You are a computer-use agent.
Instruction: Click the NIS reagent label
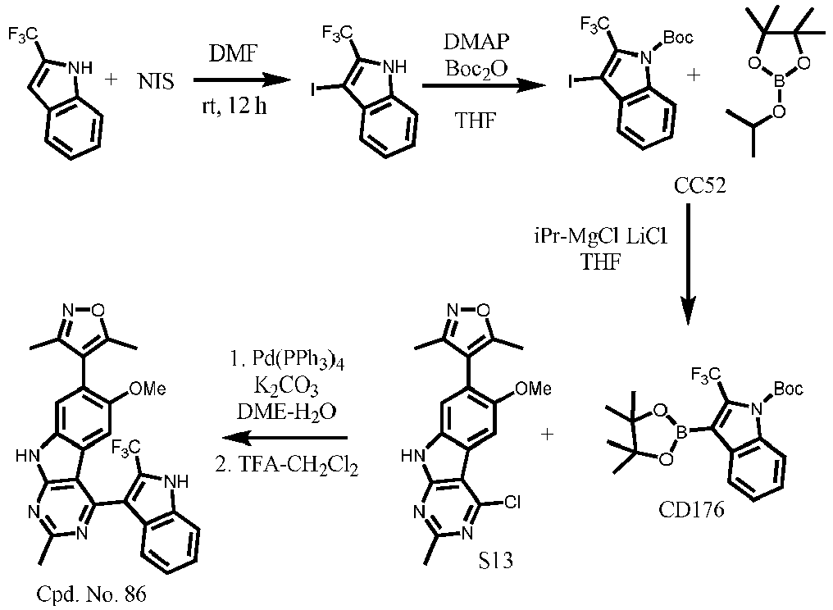tap(156, 81)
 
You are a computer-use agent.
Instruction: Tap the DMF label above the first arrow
tap(233, 53)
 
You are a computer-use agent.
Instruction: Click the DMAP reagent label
tap(476, 40)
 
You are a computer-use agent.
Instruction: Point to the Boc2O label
tap(476, 69)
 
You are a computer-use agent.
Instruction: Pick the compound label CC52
tap(699, 185)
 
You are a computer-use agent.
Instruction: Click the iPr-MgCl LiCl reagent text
tap(600, 237)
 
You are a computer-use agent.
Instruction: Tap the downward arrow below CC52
tap(687, 263)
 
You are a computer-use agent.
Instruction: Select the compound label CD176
tap(691, 510)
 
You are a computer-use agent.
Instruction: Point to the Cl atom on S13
tap(511, 502)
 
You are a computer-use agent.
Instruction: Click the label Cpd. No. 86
tap(91, 594)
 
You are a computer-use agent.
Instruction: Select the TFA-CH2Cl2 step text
tap(287, 467)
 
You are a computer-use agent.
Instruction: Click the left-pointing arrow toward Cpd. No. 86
tap(284, 439)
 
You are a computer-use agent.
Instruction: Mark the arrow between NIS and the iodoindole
tap(242, 81)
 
